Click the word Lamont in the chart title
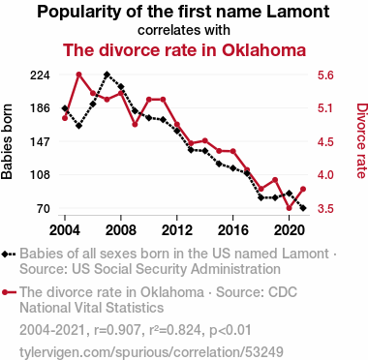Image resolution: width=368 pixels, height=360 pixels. [298, 12]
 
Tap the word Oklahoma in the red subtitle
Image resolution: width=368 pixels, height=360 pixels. [263, 50]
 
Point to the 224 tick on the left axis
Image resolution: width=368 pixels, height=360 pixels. [40, 75]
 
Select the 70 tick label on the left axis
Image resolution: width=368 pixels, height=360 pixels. [44, 209]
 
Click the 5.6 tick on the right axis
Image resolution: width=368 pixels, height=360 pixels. [325, 75]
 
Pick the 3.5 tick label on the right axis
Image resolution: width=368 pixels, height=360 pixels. [325, 209]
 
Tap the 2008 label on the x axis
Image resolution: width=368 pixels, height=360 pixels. [121, 230]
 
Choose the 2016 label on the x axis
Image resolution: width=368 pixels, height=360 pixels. [232, 230]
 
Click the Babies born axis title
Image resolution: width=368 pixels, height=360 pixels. [7, 141]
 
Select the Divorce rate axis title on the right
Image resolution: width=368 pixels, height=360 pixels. [361, 140]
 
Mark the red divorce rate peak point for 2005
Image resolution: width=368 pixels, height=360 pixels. [79, 75]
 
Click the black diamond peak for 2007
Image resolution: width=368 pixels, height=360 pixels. [107, 75]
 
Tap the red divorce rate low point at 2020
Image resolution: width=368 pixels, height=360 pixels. [289, 208]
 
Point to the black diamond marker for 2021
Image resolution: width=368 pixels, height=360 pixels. [303, 208]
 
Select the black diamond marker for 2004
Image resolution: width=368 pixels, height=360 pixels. [65, 108]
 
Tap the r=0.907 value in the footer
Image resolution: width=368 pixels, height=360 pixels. [117, 330]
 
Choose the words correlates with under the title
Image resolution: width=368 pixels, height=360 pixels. [184, 30]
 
